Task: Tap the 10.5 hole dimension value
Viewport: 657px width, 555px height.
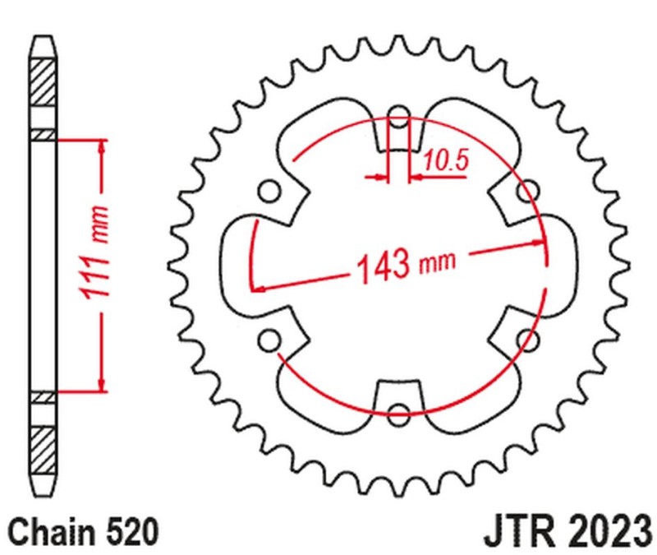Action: pos(447,161)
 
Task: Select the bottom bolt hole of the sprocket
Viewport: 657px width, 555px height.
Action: pos(400,414)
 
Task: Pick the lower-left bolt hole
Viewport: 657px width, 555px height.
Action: pos(267,338)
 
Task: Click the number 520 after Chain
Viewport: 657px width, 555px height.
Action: pos(129,529)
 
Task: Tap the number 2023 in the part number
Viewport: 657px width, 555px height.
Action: pos(602,528)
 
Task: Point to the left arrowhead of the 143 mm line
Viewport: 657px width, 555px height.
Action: pos(258,288)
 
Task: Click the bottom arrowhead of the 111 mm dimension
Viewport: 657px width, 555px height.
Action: pos(102,384)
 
